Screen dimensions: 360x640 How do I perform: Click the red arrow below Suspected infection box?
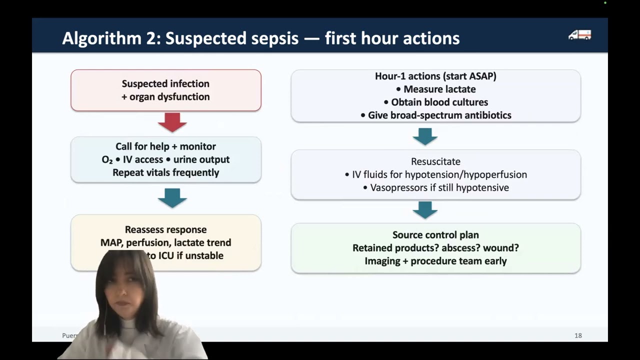pos(172,122)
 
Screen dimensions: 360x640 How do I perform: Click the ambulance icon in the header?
pos(579,35)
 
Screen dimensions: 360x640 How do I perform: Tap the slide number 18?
pos(578,335)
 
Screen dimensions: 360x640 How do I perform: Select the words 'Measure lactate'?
pos(439,89)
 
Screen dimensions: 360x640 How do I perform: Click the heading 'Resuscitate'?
pos(435,161)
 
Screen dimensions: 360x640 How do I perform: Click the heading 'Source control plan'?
pos(435,234)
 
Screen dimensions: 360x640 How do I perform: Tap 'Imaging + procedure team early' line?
pos(435,260)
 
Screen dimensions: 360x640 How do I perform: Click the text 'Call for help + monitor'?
pos(165,146)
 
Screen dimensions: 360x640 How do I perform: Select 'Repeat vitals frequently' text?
pos(165,172)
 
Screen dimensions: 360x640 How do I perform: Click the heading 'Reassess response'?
pos(165,229)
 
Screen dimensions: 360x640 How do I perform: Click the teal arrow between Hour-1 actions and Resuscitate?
pos(425,136)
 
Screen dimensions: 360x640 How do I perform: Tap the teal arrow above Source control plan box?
pos(425,209)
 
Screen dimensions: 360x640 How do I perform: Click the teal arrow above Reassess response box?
pos(172,198)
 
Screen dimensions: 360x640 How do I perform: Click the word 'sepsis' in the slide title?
pos(280,38)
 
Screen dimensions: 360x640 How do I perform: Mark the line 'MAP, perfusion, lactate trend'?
pos(165,242)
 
